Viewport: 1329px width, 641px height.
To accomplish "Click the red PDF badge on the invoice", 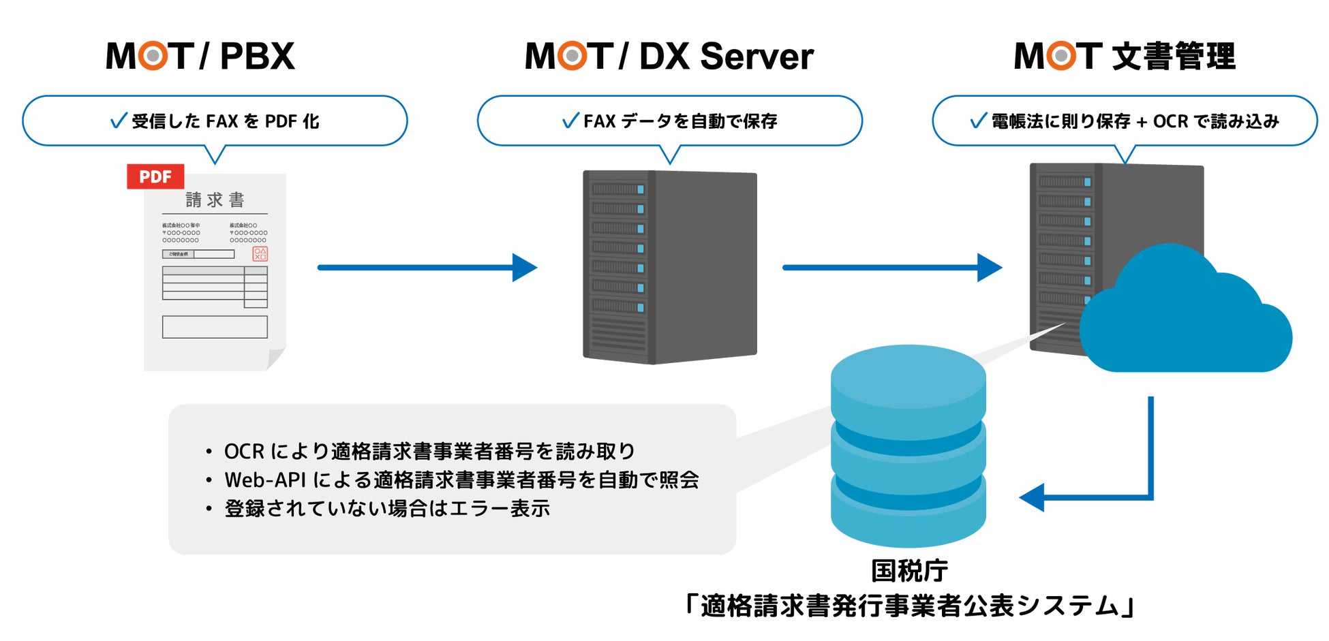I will [x=155, y=176].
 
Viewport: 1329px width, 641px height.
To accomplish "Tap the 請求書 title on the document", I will [x=215, y=200].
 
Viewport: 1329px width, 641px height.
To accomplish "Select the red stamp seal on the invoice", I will [x=260, y=254].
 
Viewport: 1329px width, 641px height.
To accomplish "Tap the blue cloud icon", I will [x=1186, y=320].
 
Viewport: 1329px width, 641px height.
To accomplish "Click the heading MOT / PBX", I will [x=200, y=56].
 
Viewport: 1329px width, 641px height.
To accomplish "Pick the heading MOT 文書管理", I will [x=1125, y=56].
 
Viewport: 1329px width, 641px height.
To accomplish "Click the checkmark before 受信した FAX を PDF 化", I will [x=119, y=121].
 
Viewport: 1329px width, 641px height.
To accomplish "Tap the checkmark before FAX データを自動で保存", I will [x=570, y=121].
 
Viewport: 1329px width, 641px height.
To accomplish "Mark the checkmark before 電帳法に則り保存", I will [x=978, y=121].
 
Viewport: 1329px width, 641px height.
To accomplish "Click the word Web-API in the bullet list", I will [x=265, y=480].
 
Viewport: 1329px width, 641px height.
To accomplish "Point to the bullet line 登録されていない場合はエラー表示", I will [x=387, y=508].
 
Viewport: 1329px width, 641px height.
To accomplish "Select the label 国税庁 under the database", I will [x=909, y=571].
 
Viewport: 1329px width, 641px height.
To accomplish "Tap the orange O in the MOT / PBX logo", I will [x=153, y=56].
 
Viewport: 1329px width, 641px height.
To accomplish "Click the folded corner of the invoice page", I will [x=275, y=358].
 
